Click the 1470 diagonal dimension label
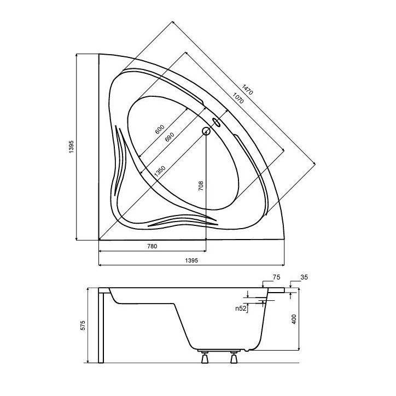247,89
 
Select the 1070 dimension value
238,98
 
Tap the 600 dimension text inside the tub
159,130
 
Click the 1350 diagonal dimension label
160,171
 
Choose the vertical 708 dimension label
201,185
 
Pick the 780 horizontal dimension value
152,246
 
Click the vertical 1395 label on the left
71,147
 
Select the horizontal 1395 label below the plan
191,260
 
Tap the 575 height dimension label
83,325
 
